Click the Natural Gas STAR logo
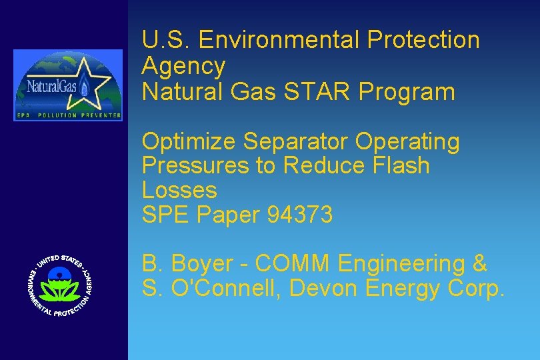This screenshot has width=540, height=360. click(68, 85)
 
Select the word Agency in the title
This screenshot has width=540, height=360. click(184, 66)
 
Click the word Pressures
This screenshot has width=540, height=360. click(195, 166)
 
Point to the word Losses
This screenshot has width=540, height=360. click(179, 190)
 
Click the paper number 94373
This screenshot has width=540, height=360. click(299, 215)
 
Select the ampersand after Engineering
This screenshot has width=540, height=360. click(479, 264)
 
